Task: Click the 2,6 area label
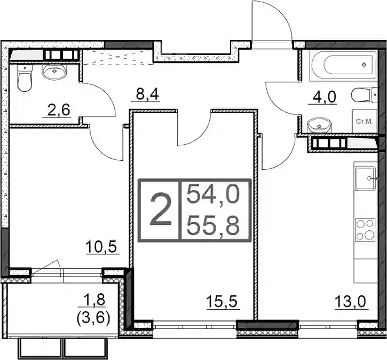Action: (x=59, y=110)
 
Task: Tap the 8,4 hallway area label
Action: (x=148, y=94)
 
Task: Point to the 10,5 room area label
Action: (x=101, y=246)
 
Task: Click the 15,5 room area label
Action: (x=222, y=301)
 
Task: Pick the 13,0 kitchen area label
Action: (x=350, y=302)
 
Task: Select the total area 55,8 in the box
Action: (x=213, y=226)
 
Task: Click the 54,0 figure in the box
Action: (x=213, y=194)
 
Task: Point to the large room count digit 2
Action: (x=161, y=209)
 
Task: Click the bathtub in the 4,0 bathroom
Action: (x=344, y=65)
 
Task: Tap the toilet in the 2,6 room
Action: (x=25, y=79)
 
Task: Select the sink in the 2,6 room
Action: (x=54, y=72)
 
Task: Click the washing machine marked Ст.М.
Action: (x=364, y=121)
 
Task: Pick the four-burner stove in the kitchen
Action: (x=365, y=230)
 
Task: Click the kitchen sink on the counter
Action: (x=365, y=178)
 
